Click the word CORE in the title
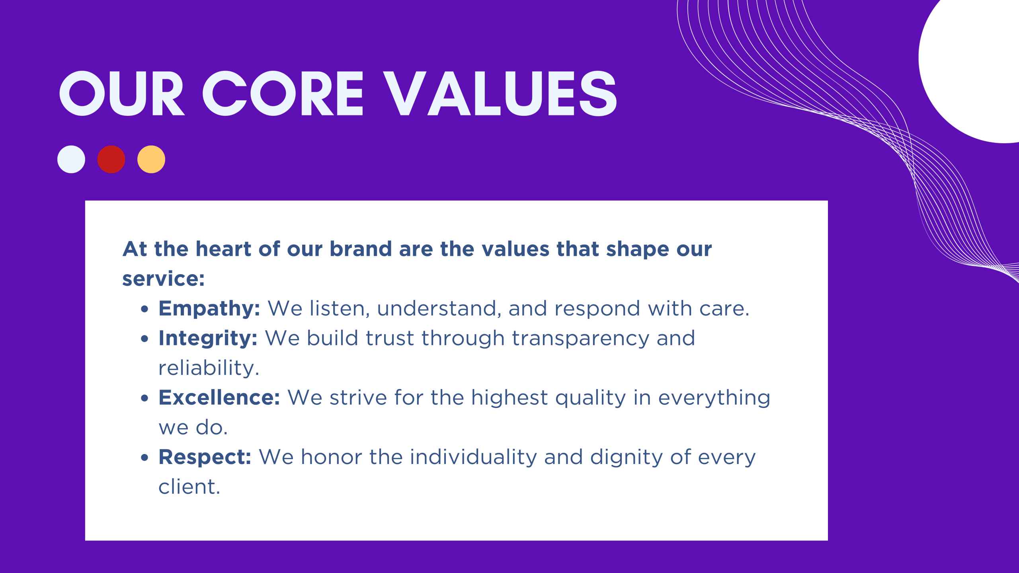coord(283,94)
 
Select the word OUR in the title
coord(122,94)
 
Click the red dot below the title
coord(111,159)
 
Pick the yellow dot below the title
coord(151,159)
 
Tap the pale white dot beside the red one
coord(71,159)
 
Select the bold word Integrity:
coord(208,339)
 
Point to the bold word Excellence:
coord(219,398)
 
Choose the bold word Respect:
coord(205,457)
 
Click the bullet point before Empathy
coord(144,309)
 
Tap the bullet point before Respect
coord(144,458)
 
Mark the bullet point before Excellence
coord(144,398)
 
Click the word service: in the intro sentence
coord(163,279)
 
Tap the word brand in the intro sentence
coord(361,249)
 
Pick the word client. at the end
coord(189,487)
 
